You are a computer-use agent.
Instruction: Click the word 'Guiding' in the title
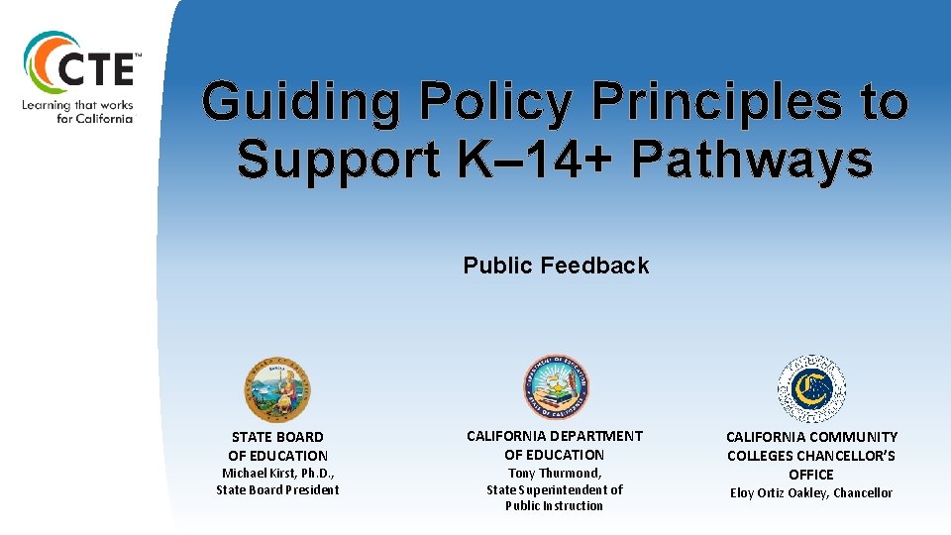301,102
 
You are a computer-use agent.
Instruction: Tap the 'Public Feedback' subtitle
556,266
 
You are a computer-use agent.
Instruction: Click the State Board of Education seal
277,389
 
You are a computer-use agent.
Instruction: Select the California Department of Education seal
556,387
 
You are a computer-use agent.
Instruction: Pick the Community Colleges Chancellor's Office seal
811,389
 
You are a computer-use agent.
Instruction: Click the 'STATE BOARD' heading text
277,437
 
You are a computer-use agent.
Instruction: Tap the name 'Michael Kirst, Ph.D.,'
277,474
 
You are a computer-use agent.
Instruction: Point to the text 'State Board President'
277,489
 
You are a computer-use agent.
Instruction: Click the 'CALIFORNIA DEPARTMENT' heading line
555,436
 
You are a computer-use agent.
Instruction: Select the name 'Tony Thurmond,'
555,474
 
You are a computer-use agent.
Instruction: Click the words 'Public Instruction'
555,505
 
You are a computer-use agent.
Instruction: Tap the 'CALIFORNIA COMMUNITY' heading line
811,437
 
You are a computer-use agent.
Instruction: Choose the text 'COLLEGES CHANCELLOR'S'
811,456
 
